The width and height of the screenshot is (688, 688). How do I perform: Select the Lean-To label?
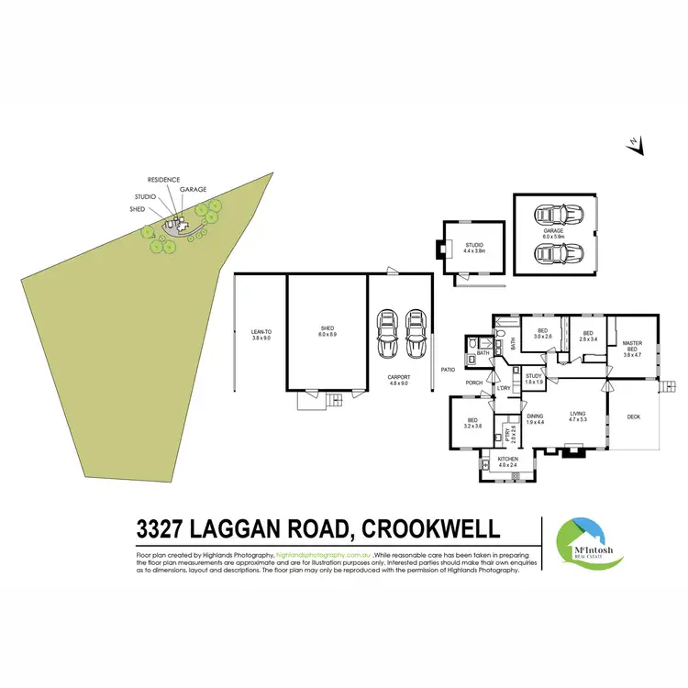coord(261,334)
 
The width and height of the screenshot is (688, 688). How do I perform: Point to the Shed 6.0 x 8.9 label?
coord(327,331)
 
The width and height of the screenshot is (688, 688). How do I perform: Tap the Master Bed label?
coord(633,347)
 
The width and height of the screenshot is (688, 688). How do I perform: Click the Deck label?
coord(633,416)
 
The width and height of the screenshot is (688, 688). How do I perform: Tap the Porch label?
coord(474,383)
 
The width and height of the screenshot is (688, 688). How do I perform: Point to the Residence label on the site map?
coord(163,180)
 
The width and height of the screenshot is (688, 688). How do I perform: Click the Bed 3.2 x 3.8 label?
coord(472,424)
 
